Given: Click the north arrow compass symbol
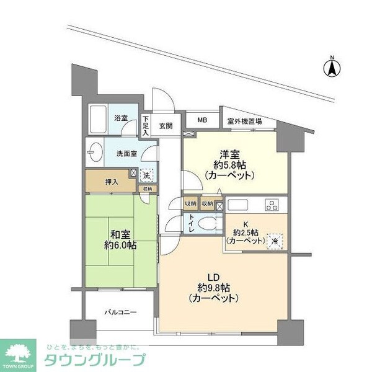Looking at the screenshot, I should [x=332, y=66].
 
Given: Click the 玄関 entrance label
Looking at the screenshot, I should [x=166, y=126].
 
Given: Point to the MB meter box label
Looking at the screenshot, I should [x=203, y=120].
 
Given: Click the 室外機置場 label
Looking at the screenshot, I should [x=244, y=122].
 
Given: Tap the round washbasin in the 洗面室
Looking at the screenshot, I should [x=95, y=152].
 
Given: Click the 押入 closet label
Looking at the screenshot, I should [x=112, y=182].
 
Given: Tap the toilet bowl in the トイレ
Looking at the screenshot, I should [x=208, y=224].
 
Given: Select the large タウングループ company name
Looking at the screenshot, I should [x=95, y=360].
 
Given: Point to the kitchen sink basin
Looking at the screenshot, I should [x=239, y=205].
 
